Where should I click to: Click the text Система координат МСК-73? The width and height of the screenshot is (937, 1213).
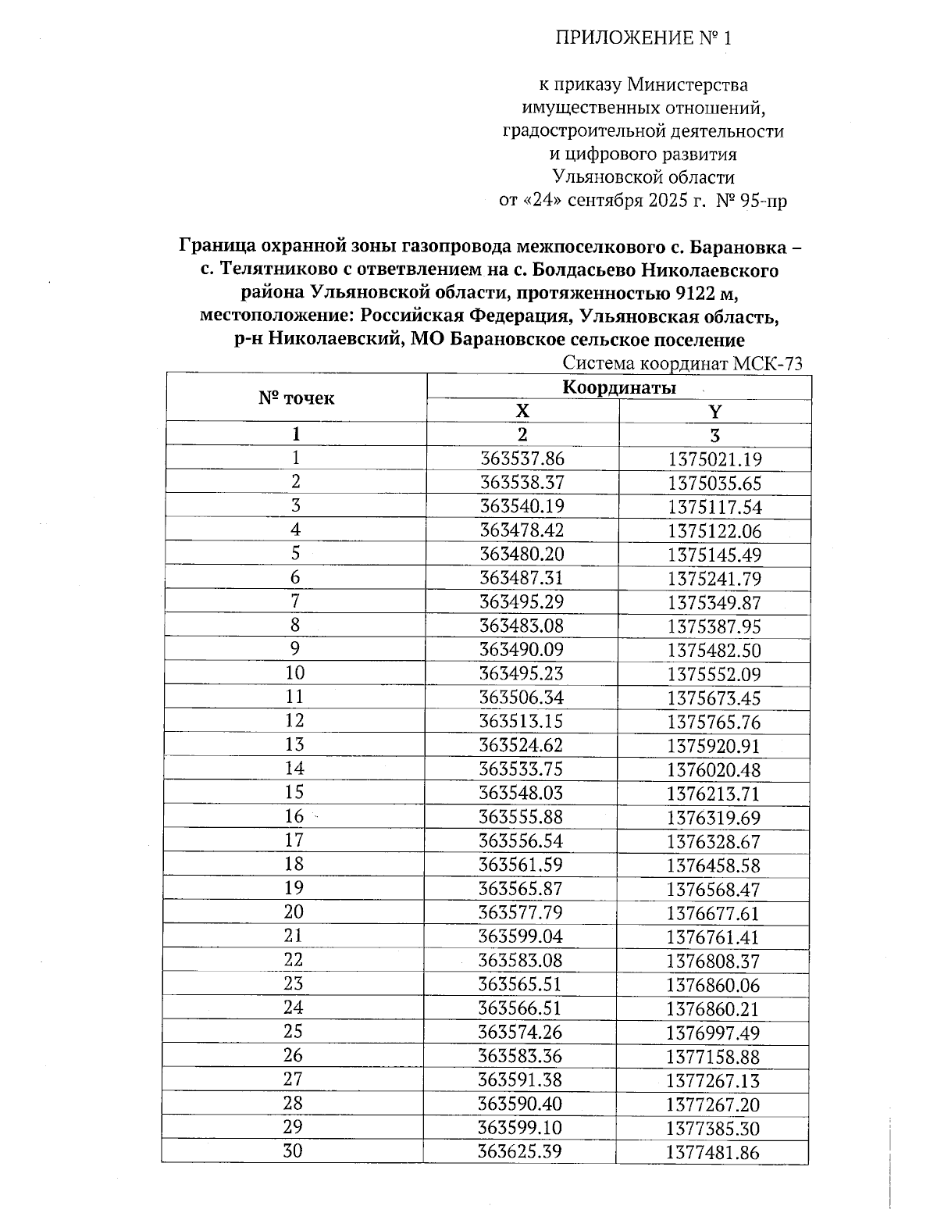[682, 363]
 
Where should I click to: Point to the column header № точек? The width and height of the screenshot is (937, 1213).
[296, 398]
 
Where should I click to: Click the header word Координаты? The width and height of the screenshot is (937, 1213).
[619, 387]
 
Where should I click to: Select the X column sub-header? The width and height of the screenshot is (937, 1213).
[522, 411]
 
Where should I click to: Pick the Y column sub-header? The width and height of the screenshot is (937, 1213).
[714, 411]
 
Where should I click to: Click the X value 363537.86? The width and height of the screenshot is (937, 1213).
[522, 458]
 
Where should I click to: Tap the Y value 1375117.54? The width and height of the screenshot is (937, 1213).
[714, 508]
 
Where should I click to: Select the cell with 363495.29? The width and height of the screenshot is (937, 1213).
[522, 602]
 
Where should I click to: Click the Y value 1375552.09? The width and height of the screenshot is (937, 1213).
[714, 675]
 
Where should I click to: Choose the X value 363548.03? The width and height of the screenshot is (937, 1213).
[522, 793]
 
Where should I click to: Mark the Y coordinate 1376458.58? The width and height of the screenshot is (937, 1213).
[714, 865]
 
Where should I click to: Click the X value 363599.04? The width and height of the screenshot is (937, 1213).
[522, 937]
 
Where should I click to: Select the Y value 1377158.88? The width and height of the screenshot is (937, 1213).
[714, 1057]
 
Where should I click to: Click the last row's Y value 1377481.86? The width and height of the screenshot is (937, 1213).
[714, 1153]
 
